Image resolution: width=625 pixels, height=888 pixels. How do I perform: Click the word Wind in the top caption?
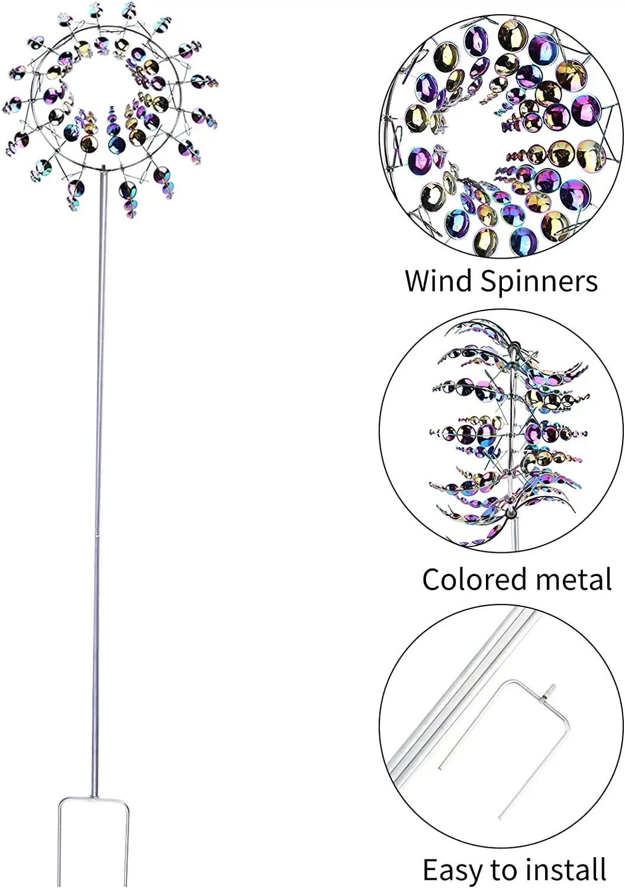click(439, 281)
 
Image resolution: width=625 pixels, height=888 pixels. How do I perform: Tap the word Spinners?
click(539, 282)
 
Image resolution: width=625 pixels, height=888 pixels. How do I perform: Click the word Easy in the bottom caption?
click(453, 870)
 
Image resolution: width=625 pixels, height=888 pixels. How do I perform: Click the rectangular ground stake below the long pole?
click(93, 841)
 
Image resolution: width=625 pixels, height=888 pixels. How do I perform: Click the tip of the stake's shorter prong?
click(440, 768)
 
